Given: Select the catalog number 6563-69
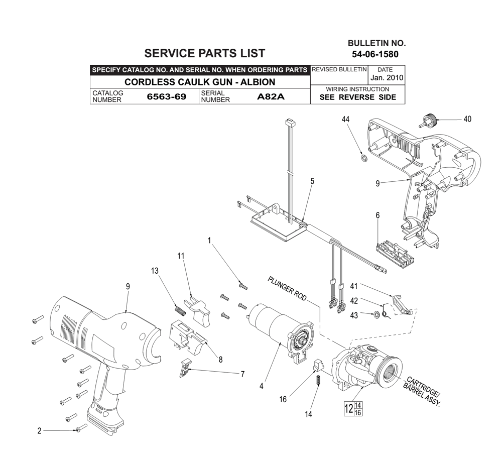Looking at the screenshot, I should tap(166, 97).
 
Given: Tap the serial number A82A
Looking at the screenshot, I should tap(271, 97).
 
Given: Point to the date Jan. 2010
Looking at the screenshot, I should tap(387, 78).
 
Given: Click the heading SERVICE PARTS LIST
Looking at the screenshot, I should tap(204, 53).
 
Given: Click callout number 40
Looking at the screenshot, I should tap(467, 119).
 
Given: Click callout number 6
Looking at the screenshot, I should tap(378, 215).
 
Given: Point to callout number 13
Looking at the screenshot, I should tap(155, 271).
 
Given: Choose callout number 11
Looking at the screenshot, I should tap(181, 256).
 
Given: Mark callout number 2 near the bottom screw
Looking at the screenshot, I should tap(39, 431).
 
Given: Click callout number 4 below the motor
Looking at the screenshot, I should tap(262, 386).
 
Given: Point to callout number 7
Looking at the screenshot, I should tap(242, 374).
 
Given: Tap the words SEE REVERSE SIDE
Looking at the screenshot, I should tap(357, 97).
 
